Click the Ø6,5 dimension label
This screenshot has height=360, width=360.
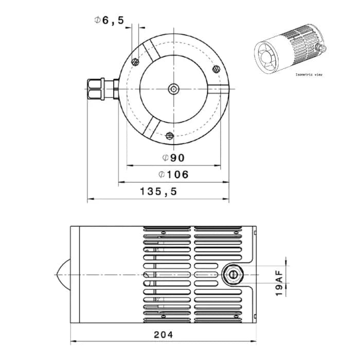click(x=109, y=21)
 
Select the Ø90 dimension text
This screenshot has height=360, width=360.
click(x=173, y=157)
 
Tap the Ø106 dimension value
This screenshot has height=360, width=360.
click(x=173, y=174)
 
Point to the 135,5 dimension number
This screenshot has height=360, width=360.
click(x=158, y=191)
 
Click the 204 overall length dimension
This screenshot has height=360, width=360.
click(x=164, y=334)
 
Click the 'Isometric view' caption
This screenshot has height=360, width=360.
click(x=310, y=75)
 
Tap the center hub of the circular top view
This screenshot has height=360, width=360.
click(x=174, y=89)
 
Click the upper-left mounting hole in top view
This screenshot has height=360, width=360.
click(x=136, y=62)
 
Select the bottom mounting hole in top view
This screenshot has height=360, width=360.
click(x=170, y=136)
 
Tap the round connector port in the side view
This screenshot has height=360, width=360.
click(x=234, y=275)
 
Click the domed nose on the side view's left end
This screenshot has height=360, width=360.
click(x=62, y=275)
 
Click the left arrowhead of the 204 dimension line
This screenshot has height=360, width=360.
click(x=73, y=341)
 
